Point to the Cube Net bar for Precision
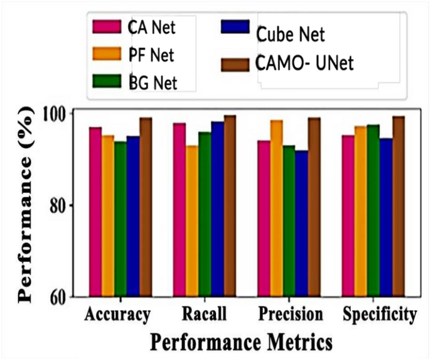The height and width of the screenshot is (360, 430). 301,224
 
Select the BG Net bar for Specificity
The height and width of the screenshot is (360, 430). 374,210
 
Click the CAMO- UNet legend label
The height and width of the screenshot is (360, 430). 300,63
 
